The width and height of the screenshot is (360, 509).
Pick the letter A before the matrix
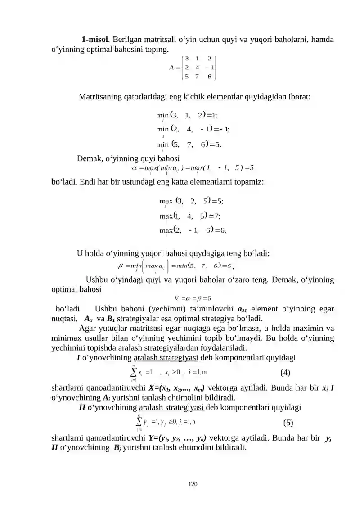[172, 68]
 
